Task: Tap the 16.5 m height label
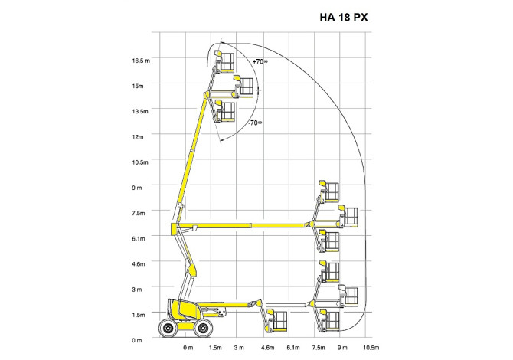pyautogui.click(x=141, y=61)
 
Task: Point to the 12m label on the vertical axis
pyautogui.click(x=138, y=137)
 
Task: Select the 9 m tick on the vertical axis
pyautogui.click(x=137, y=188)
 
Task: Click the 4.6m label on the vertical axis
pyautogui.click(x=139, y=263)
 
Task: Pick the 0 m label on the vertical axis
pyautogui.click(x=137, y=340)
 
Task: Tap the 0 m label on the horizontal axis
pyautogui.click(x=188, y=348)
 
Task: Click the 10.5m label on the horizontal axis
pyautogui.click(x=371, y=348)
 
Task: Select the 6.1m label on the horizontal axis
pyautogui.click(x=293, y=348)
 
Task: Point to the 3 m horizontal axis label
pyautogui.click(x=239, y=348)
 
